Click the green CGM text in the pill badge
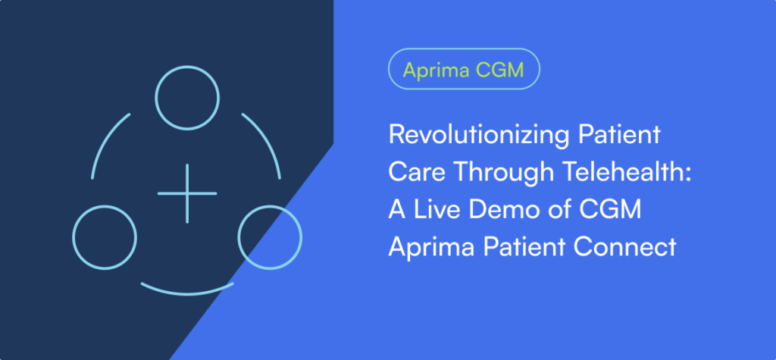[499, 69]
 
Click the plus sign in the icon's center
[187, 193]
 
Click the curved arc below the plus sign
[187, 293]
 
